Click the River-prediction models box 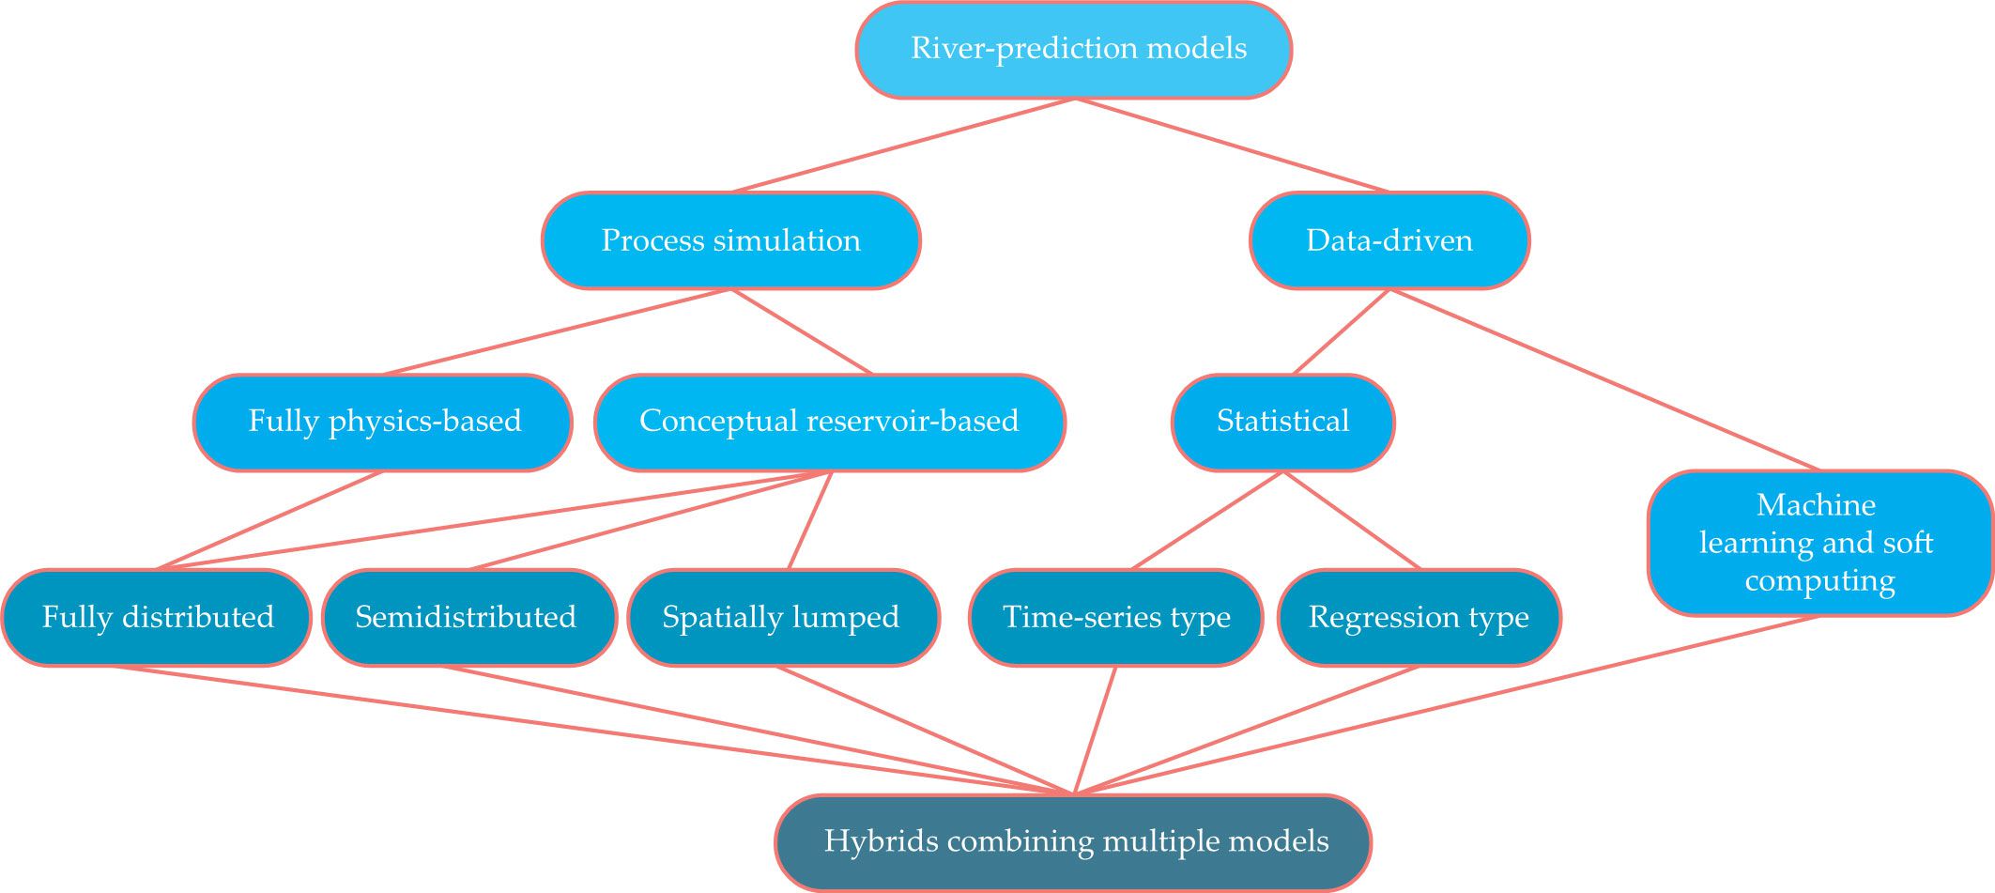1074,50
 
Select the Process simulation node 730,240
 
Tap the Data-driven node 1389,240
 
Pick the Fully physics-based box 383,422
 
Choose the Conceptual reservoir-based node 830,422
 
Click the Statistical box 1282,422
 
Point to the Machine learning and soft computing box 1819,543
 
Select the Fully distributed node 157,617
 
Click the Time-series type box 1116,617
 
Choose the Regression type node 1419,617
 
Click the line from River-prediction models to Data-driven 1231,145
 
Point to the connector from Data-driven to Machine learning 1604,378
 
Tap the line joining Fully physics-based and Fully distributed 270,520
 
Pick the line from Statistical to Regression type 1351,520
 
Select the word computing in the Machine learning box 1819,581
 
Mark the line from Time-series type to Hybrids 1095,731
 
